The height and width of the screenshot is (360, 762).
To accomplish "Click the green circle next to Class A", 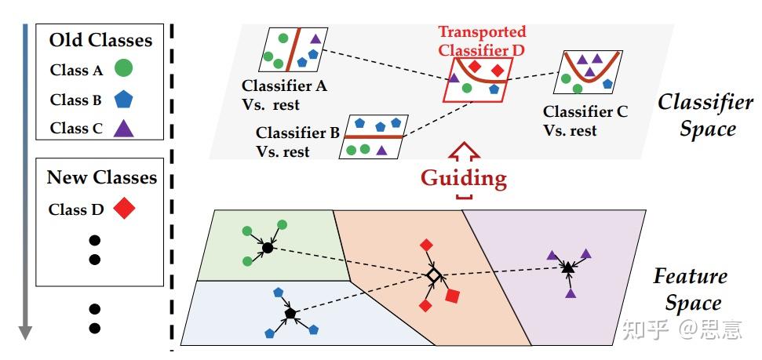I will point(122,69).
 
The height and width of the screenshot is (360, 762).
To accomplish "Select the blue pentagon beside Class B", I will point(122,100).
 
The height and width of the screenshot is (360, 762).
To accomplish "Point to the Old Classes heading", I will point(100,39).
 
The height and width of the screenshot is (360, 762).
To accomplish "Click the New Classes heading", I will point(101,177).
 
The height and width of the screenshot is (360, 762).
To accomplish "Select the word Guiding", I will point(464,178).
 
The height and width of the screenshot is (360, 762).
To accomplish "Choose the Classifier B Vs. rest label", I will point(297,142).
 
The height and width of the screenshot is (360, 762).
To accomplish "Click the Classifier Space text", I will point(696,115).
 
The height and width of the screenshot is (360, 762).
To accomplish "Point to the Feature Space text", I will point(690,289).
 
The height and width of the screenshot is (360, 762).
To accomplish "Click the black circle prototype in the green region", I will point(267,248).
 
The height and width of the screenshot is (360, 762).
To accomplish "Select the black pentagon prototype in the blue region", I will point(290,314).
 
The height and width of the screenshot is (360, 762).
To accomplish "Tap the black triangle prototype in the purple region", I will point(567,268).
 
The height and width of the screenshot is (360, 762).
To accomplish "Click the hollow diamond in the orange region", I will point(432,275).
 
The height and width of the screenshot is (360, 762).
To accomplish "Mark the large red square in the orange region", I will point(452,296).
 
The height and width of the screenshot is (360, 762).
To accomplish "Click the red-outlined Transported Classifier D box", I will point(477,81).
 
